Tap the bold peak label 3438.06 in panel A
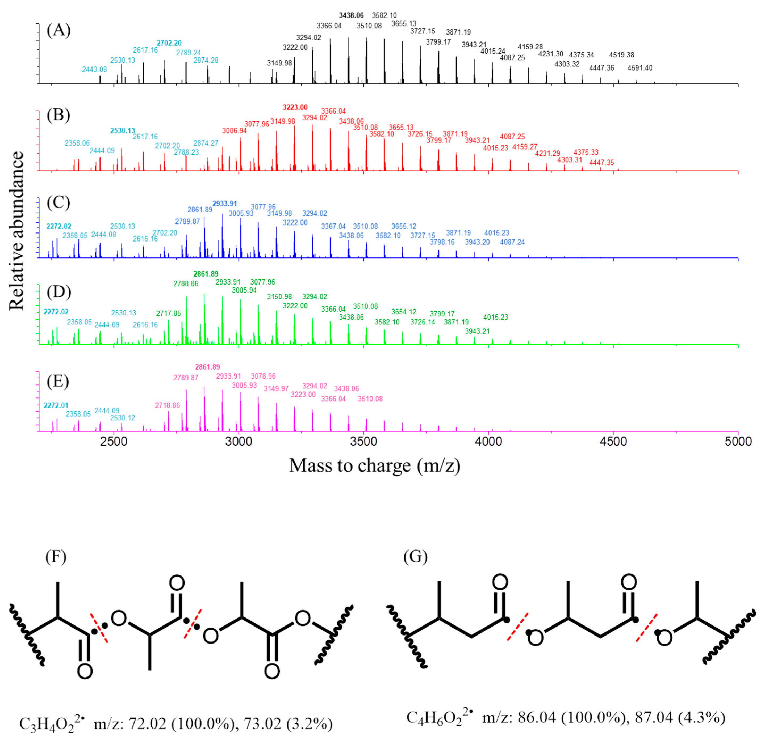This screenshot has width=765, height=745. (351, 16)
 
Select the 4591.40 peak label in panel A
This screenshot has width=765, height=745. (640, 68)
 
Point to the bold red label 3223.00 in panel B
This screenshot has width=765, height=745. (295, 108)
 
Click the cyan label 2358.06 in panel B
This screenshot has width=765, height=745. (77, 143)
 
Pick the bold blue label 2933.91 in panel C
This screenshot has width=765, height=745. (225, 204)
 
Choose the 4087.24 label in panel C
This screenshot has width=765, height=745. (512, 242)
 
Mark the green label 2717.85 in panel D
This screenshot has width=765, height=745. (168, 314)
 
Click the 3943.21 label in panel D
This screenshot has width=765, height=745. (477, 331)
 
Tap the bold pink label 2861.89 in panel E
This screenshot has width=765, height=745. (207, 367)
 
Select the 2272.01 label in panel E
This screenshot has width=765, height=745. (56, 405)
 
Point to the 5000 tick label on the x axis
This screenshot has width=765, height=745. (738, 442)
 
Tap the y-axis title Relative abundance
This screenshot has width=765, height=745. (16, 231)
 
